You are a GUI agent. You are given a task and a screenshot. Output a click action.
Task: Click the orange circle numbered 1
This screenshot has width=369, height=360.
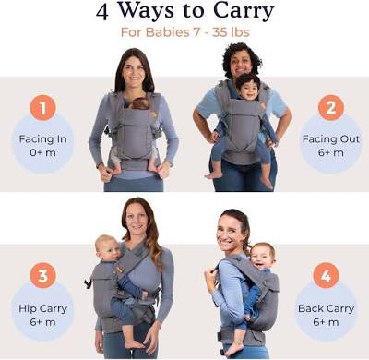pyautogui.click(x=43, y=108)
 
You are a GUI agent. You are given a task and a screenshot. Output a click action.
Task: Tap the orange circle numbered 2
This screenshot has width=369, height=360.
pyautogui.click(x=331, y=108)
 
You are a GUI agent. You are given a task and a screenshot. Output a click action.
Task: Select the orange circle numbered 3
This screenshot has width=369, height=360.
pyautogui.click(x=43, y=275)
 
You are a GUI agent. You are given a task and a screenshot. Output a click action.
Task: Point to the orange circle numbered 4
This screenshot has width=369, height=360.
pyautogui.click(x=326, y=275)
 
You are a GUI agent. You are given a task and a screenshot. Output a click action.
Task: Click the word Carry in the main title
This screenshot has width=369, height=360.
pyautogui.click(x=243, y=11)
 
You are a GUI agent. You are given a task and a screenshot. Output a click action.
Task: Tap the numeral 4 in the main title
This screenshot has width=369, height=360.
pyautogui.click(x=102, y=12)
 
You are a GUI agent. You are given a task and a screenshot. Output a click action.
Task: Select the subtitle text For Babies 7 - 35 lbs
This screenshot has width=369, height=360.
pyautogui.click(x=184, y=32)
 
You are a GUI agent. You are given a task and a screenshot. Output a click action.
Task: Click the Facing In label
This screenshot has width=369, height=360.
pyautogui.click(x=43, y=139)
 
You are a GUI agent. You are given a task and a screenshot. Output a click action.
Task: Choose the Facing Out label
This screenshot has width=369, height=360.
pyautogui.click(x=331, y=139)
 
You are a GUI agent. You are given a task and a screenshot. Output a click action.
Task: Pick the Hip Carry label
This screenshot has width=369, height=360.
pyautogui.click(x=43, y=308)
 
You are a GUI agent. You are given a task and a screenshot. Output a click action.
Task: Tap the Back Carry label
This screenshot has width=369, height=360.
pyautogui.click(x=326, y=308)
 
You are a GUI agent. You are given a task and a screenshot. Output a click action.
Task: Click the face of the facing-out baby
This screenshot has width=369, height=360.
pyautogui.click(x=248, y=90)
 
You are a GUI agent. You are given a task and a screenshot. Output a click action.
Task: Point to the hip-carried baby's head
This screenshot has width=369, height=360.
pyautogui.click(x=107, y=248)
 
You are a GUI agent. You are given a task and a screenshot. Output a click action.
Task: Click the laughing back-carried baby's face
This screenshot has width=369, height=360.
pyautogui.click(x=262, y=258)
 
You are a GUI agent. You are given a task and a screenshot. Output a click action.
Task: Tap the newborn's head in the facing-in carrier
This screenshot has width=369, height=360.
pyautogui.click(x=140, y=103)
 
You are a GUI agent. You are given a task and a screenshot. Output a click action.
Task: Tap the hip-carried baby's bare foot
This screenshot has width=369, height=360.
pyautogui.click(x=135, y=343)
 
